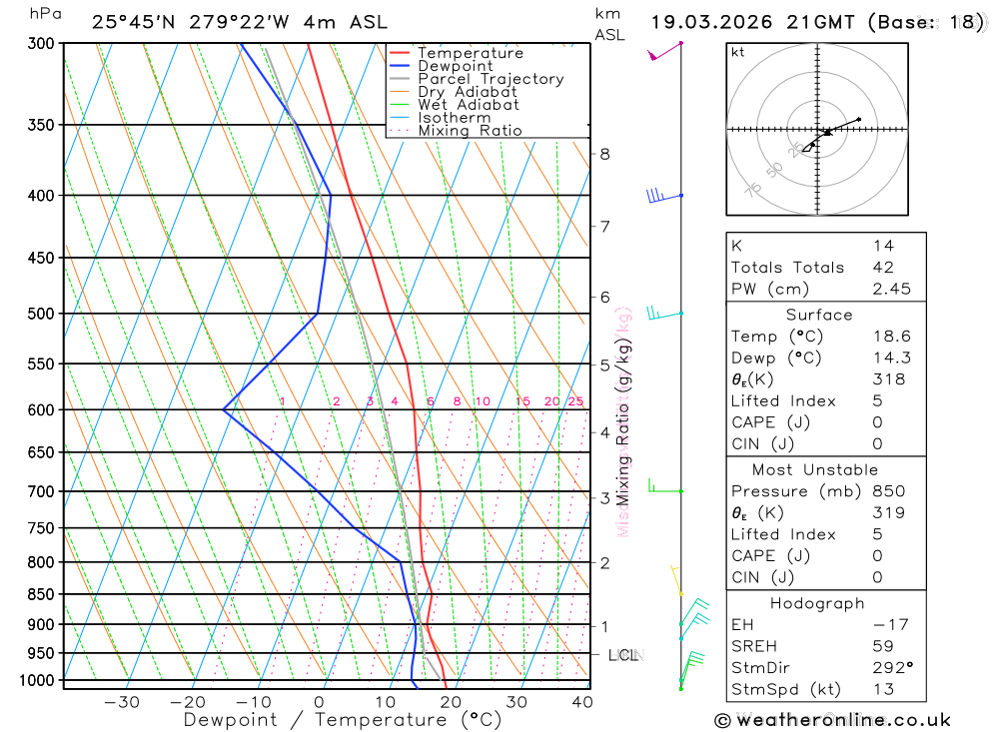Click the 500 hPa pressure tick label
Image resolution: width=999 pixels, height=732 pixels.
pyautogui.click(x=41, y=314)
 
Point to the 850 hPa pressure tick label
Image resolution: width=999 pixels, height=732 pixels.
pyautogui.click(x=41, y=594)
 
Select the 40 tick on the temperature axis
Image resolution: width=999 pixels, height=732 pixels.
pyautogui.click(x=581, y=702)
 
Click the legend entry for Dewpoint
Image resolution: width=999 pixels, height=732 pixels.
pyautogui.click(x=456, y=66)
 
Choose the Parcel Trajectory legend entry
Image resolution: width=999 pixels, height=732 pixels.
pyautogui.click(x=491, y=79)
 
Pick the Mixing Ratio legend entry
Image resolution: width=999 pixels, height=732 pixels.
pyautogui.click(x=470, y=131)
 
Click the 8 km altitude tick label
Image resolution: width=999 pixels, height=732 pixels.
pyautogui.click(x=604, y=154)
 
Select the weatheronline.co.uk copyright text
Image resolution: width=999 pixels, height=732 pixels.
pyautogui.click(x=832, y=720)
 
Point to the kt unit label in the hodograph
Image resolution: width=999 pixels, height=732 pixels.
pyautogui.click(x=738, y=52)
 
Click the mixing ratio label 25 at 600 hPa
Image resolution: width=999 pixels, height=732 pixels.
pyautogui.click(x=574, y=401)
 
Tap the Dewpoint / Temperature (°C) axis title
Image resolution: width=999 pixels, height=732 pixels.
pyautogui.click(x=342, y=719)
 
